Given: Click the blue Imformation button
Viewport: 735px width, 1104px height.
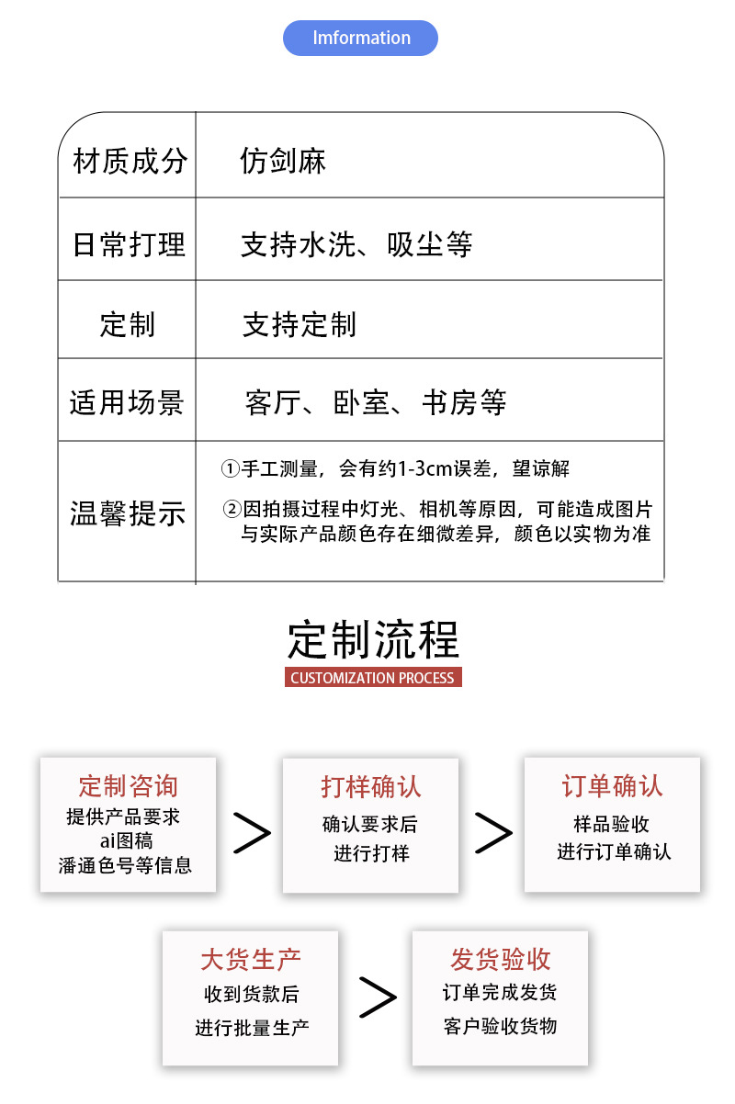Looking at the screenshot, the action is (361, 39).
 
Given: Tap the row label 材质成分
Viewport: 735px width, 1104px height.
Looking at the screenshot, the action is (130, 162).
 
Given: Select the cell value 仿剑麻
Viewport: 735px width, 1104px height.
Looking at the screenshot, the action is (283, 162).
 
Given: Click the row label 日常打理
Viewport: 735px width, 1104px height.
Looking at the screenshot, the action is (130, 244).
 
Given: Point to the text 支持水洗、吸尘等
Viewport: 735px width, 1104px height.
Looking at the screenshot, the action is (356, 244).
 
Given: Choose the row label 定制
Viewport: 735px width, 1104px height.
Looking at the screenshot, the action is (128, 324).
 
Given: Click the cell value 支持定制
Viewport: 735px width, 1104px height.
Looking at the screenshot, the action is (299, 324).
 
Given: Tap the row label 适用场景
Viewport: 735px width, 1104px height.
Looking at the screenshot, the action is (128, 402).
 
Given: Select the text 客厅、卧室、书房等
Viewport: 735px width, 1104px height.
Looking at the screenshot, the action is (376, 402).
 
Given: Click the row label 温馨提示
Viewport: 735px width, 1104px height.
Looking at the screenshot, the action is (128, 513).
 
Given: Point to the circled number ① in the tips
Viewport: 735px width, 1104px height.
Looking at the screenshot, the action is (230, 469).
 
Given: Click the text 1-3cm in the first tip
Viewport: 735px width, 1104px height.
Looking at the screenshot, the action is (424, 469).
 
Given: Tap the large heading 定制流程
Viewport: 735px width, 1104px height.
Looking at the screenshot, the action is (373, 639).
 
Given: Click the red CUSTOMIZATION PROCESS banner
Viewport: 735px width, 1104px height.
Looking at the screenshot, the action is (373, 678).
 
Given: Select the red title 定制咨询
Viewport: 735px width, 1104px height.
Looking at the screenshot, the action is (128, 786).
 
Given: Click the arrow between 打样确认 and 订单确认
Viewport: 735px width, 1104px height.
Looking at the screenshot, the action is (492, 832).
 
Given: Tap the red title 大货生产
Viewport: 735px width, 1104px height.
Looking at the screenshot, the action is (251, 960).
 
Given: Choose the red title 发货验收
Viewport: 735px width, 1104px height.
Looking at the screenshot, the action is (500, 960).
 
